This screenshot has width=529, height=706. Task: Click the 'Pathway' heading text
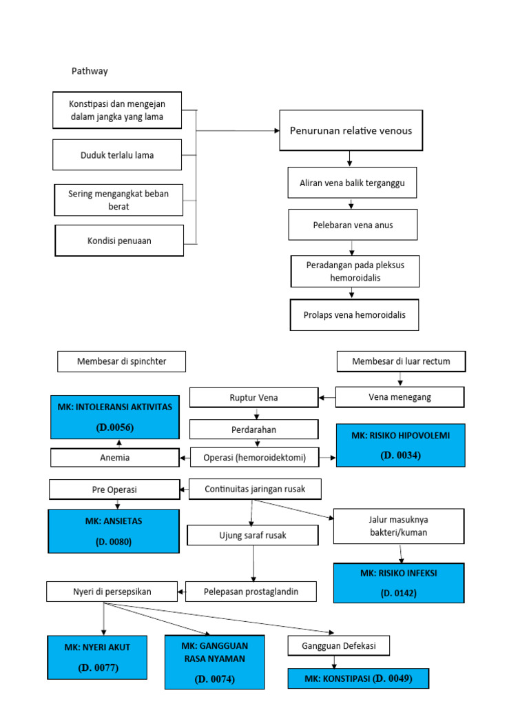pyautogui.click(x=90, y=71)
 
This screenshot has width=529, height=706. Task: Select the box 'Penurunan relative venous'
pyautogui.click(x=351, y=130)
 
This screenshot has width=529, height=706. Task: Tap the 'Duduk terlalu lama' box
pyautogui.click(x=117, y=155)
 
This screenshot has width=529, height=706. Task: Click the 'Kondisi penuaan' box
pyautogui.click(x=119, y=241)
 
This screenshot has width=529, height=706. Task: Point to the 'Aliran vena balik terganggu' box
pyautogui.click(x=352, y=183)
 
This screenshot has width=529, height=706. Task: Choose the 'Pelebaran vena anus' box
pyautogui.click(x=352, y=225)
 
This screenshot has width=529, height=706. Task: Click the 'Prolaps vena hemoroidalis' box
pyautogui.click(x=354, y=315)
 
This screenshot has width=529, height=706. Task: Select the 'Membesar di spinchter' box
pyautogui.click(x=121, y=361)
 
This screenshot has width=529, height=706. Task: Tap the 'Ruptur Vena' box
pyautogui.click(x=253, y=397)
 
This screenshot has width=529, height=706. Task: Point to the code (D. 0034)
pyautogui.click(x=400, y=455)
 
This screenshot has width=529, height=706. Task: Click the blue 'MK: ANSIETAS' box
pyautogui.click(x=114, y=531)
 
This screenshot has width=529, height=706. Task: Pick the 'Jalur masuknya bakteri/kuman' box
pyautogui.click(x=400, y=526)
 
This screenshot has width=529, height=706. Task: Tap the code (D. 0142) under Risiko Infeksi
pyautogui.click(x=399, y=592)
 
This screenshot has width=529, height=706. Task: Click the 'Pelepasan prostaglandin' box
pyautogui.click(x=251, y=591)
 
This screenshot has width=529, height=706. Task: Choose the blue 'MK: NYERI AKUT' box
pyautogui.click(x=96, y=656)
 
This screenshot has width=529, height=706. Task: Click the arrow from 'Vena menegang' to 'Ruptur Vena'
pyautogui.click(x=326, y=398)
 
